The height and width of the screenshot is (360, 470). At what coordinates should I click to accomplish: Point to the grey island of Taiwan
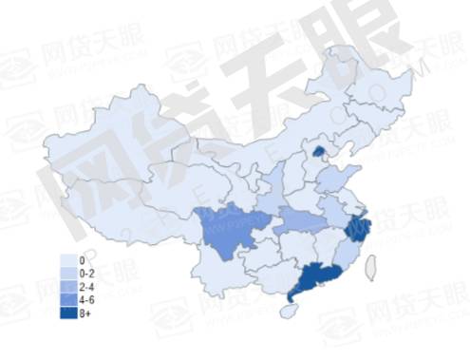point(371,268)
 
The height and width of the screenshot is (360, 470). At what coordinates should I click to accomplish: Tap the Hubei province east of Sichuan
point(297,221)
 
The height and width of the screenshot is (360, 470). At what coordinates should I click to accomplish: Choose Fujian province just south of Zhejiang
point(346,254)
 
